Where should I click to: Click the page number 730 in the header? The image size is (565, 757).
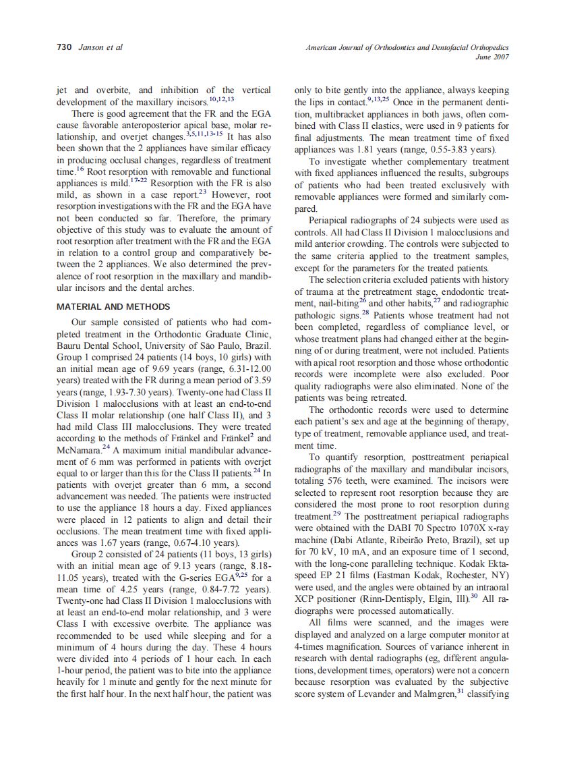click(64, 47)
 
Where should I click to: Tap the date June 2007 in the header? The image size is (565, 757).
click(492, 57)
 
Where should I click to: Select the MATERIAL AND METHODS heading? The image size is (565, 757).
click(113, 307)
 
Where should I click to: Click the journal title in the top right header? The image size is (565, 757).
click(407, 47)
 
